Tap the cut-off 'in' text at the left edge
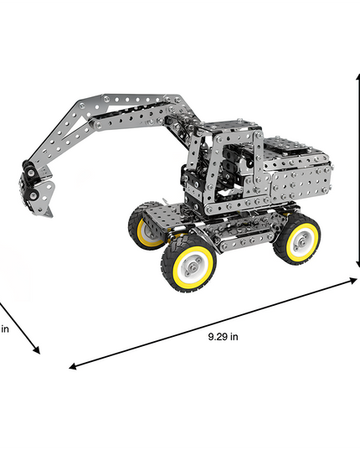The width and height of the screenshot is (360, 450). (5, 328)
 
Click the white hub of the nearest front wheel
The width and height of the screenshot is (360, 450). (193, 265)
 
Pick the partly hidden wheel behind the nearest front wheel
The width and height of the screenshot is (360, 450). (148, 226)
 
